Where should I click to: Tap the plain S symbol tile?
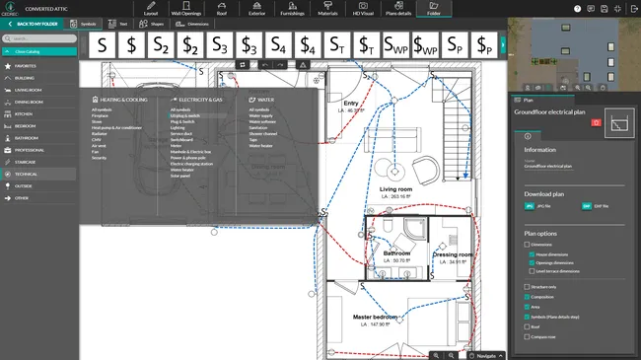pos(103,46)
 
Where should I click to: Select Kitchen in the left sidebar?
pos(25,113)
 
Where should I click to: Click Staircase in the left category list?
pos(27,161)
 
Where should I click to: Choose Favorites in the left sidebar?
pos(27,66)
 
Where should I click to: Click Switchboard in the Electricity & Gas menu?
pos(180,139)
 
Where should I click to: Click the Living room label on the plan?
pos(395,189)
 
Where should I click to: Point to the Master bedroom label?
pos(375,319)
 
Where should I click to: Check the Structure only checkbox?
pos(526,287)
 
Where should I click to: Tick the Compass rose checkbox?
pos(526,336)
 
